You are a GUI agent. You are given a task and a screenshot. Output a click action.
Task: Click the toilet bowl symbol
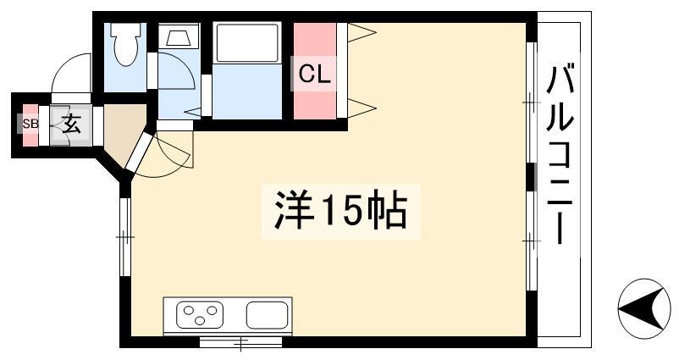tap(125, 43)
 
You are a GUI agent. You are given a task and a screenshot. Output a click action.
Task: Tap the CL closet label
tap(315, 75)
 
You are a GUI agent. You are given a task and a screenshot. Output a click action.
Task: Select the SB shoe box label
tap(30, 124)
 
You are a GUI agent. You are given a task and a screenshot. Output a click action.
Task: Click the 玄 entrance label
tap(72, 125)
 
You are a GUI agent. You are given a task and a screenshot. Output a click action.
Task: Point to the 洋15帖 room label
tap(341, 212)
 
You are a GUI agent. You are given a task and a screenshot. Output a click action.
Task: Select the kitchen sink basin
tap(268, 315)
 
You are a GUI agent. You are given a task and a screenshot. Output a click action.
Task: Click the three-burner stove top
tap(200, 314)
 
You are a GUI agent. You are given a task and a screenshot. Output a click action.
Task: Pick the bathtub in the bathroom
tap(247, 43)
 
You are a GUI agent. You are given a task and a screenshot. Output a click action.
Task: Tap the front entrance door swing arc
tap(71, 73)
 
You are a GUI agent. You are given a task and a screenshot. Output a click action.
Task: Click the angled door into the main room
tap(140, 152)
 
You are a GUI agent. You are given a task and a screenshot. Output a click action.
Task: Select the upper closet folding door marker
tap(362, 32)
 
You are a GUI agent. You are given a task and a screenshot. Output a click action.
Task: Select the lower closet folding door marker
tap(362, 108)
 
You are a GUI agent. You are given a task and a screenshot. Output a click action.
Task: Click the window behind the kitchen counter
tap(240, 342)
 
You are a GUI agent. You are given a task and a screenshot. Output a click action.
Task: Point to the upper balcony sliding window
tap(532, 102)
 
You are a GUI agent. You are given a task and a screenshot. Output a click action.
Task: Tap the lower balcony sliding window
tap(532, 241)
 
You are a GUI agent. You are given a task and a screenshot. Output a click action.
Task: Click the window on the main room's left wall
tap(125, 237)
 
